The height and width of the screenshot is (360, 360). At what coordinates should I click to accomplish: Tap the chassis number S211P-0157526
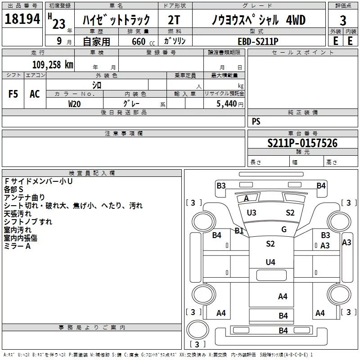pyautogui.click(x=302, y=144)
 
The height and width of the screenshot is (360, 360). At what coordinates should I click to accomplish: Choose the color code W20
pyautogui.click(x=75, y=103)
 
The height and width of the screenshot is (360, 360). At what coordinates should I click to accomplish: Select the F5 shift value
pyautogui.click(x=13, y=94)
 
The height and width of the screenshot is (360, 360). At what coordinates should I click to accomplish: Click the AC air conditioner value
pyautogui.click(x=35, y=94)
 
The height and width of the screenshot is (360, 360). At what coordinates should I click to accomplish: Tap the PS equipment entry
pyautogui.click(x=256, y=121)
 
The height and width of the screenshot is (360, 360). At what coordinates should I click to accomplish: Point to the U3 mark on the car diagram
pyautogui.click(x=252, y=213)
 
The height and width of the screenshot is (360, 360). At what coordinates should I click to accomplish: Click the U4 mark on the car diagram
pyautogui.click(x=270, y=262)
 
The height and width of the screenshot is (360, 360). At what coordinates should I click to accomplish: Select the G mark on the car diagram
pyautogui.click(x=284, y=229)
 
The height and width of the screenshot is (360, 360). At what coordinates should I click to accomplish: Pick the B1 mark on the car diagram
pyautogui.click(x=239, y=231)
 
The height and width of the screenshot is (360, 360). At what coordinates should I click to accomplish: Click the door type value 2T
pyautogui.click(x=174, y=21)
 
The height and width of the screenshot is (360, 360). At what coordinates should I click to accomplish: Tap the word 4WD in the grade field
pyautogui.click(x=295, y=20)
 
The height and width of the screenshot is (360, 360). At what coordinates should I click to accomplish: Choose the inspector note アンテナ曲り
pyautogui.click(x=24, y=197)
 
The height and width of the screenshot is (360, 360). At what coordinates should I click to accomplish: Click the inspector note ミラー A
pyautogui.click(x=17, y=246)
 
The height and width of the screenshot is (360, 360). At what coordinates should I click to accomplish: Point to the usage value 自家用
pyautogui.click(x=96, y=41)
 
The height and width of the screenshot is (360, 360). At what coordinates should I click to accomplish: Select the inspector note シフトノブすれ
pyautogui.click(x=28, y=221)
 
